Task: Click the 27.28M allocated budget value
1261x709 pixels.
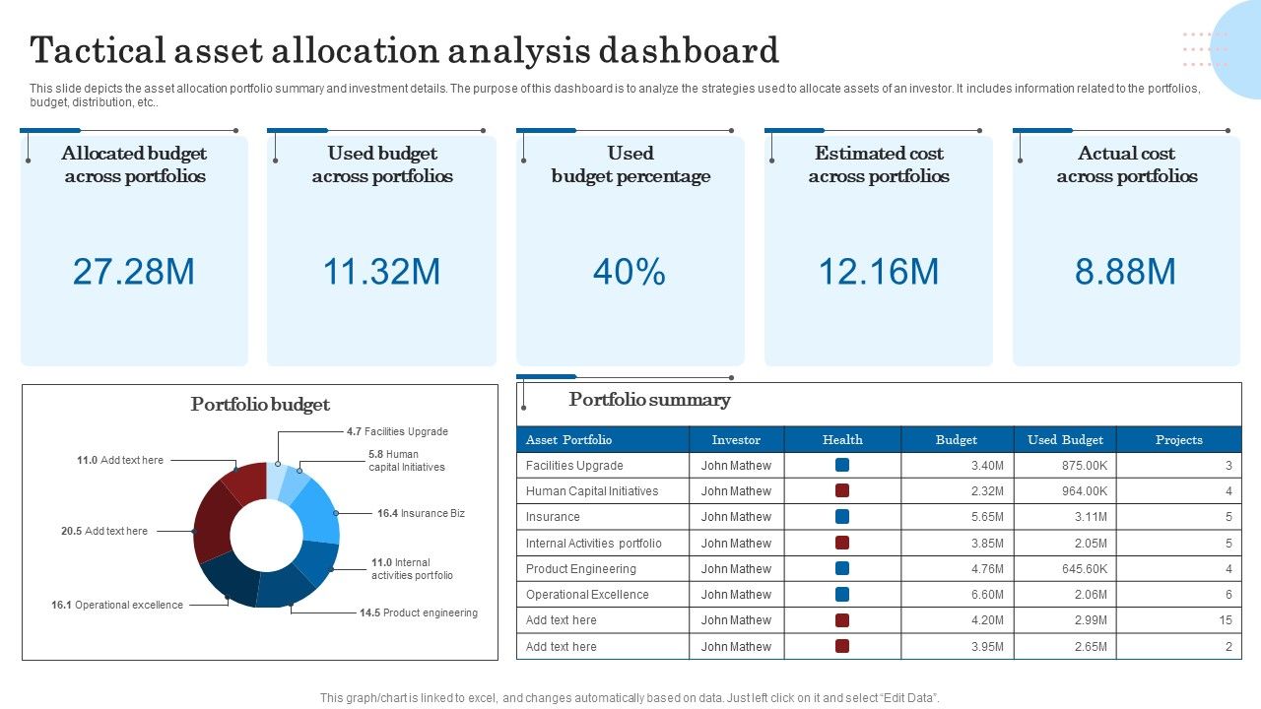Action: point(134,272)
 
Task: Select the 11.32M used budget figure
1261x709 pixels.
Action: point(381,272)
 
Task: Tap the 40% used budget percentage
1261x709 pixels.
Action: point(630,272)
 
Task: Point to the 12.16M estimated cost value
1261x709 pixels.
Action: point(878,272)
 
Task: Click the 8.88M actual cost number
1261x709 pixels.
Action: point(1125,272)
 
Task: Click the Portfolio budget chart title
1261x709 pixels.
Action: point(260,405)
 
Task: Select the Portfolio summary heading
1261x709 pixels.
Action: point(649,400)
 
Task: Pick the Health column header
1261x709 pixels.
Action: point(842,440)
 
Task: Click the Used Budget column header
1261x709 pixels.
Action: point(1065,440)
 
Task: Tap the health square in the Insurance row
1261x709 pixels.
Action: point(842,516)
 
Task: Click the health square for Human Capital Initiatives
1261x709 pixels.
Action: point(842,490)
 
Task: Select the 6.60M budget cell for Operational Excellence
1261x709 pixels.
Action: point(985,595)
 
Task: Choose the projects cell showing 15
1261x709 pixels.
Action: point(1225,620)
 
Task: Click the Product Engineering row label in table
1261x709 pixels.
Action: point(581,569)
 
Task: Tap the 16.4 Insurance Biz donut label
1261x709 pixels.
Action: point(421,514)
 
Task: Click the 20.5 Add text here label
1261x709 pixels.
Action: point(104,532)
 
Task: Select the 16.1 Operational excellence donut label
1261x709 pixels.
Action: point(117,606)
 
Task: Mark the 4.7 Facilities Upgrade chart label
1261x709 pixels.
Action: point(397,432)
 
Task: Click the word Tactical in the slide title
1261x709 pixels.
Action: point(95,50)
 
